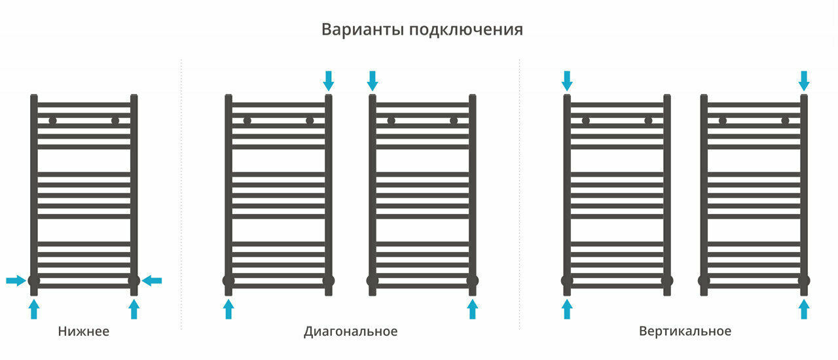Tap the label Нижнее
pos(83,331)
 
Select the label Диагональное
pos(350,331)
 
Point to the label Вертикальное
pos(685,331)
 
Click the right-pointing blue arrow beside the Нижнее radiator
pos(15,281)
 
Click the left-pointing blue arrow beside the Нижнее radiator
pos(153,281)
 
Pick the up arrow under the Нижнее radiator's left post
pos(34,309)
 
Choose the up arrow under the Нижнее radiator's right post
pos(134,309)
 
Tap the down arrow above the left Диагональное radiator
pos(329,81)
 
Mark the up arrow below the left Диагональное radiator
pos(228,309)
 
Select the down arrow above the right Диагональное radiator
pos(373,81)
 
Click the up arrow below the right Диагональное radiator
pos(473,309)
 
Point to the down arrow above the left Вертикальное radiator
pos(567,81)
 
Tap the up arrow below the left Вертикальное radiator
pos(567,309)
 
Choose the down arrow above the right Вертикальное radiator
pos(804,81)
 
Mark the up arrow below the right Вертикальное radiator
pos(804,309)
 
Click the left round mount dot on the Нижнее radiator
pos(52,120)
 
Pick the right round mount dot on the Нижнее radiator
pos(115,120)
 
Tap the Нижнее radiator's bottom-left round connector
pos(34,281)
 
